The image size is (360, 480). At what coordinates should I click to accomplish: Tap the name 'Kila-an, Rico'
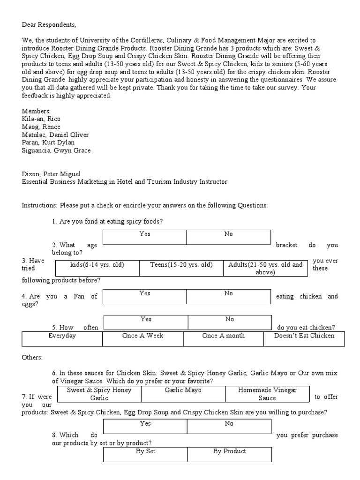pyautogui.click(x=41, y=119)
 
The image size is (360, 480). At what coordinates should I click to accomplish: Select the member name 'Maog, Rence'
pyautogui.click(x=41, y=127)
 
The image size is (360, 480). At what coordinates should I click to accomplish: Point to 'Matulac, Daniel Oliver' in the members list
pyautogui.click(x=55, y=135)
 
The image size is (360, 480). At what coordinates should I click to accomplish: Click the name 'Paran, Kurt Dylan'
pyautogui.click(x=48, y=142)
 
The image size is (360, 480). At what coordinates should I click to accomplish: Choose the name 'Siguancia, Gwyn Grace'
pyautogui.click(x=56, y=150)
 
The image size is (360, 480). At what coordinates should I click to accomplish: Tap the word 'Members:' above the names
pyautogui.click(x=36, y=111)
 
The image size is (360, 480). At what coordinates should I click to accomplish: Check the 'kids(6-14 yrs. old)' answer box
pyautogui.click(x=97, y=268)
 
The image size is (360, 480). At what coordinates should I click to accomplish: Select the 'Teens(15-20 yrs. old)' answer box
pyautogui.click(x=181, y=268)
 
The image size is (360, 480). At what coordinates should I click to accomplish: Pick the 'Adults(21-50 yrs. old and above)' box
pyautogui.click(x=265, y=268)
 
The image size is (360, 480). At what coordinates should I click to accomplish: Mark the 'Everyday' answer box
pyautogui.click(x=62, y=338)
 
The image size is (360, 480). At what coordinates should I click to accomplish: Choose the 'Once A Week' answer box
pyautogui.click(x=142, y=338)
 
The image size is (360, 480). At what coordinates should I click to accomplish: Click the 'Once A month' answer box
pyautogui.click(x=223, y=338)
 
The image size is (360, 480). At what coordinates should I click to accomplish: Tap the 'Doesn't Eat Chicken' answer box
pyautogui.click(x=304, y=338)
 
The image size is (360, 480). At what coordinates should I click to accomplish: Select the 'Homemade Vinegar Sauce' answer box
pyautogui.click(x=267, y=394)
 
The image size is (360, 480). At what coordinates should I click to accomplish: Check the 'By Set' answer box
pyautogui.click(x=145, y=454)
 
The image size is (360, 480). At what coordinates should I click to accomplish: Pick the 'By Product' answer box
pyautogui.click(x=229, y=454)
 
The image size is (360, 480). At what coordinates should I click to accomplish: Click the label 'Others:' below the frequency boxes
pyautogui.click(x=32, y=357)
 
